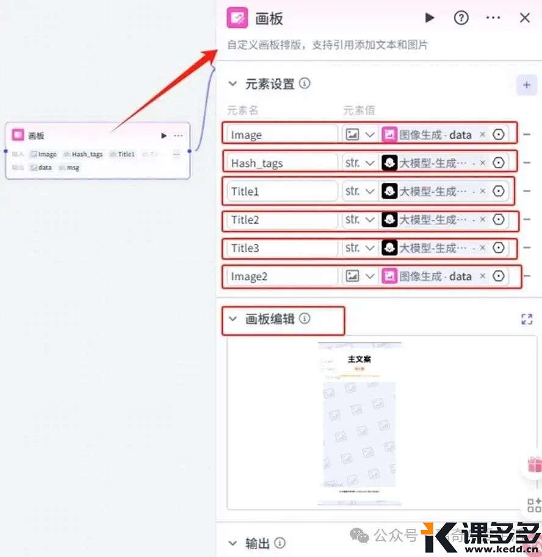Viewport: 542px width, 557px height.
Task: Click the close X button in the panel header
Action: coord(525,18)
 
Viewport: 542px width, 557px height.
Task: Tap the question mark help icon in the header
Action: coord(461,18)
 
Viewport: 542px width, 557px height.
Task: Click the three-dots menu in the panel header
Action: coord(493,18)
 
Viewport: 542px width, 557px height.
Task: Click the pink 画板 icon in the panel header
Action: coord(237,18)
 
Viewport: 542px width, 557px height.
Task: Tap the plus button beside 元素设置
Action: coord(526,85)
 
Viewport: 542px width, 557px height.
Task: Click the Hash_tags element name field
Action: coord(281,163)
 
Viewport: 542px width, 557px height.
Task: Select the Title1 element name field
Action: coord(281,191)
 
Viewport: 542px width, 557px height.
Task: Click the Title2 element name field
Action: coord(281,220)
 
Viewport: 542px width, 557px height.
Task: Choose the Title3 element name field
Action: coord(281,248)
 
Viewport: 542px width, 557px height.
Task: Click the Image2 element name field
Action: coord(281,277)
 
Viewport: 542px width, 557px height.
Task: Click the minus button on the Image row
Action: coord(527,135)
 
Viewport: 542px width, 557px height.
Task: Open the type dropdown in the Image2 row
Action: coord(360,277)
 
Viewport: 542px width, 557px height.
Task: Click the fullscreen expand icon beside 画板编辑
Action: coord(527,319)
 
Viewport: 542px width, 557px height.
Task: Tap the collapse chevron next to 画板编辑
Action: coord(233,319)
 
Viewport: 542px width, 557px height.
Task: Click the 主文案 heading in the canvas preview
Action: coord(359,359)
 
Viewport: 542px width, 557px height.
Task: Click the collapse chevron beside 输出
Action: coord(233,543)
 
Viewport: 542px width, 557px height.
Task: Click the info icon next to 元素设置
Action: coord(305,83)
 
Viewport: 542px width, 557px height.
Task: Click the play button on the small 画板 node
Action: coord(164,135)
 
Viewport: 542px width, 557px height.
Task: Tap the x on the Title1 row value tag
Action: coord(482,191)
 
